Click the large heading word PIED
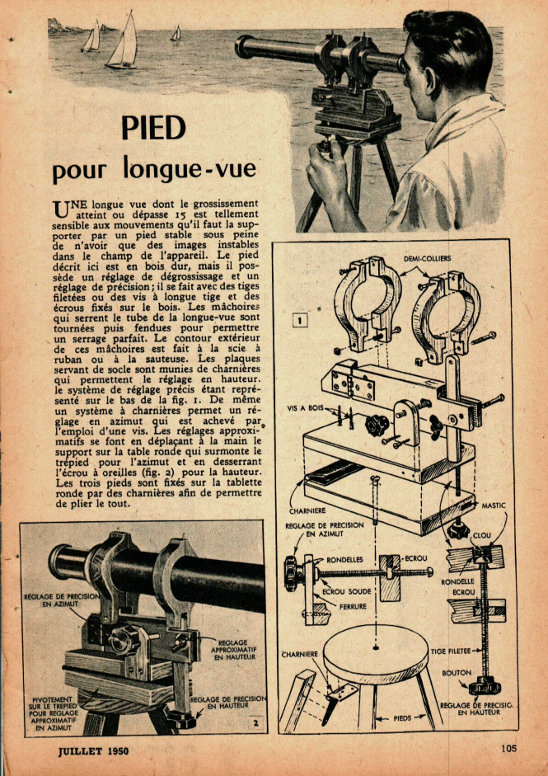[153, 129]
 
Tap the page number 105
[508, 748]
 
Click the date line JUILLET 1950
[93, 750]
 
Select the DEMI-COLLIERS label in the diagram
[427, 257]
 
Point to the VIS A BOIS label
[305, 409]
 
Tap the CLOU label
[482, 535]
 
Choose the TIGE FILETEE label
[450, 651]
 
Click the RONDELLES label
[344, 560]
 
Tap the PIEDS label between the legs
[403, 718]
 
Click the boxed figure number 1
[300, 321]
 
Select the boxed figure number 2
[255, 723]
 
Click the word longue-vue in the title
[190, 168]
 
